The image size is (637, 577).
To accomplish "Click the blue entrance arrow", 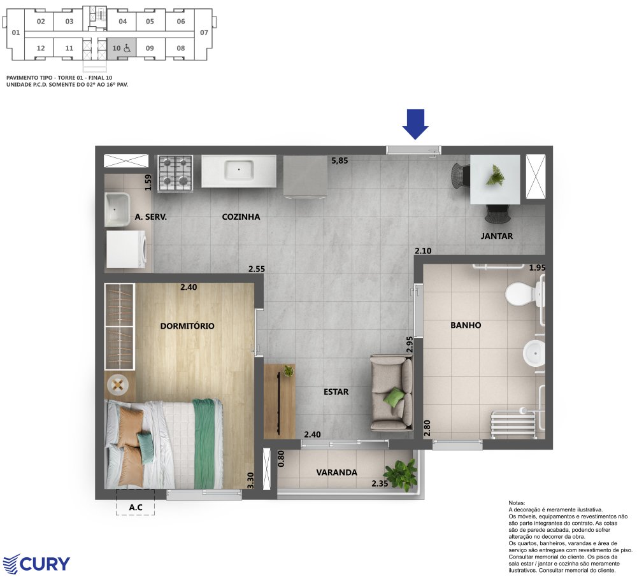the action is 415,124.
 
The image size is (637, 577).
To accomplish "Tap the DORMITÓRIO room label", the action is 187,325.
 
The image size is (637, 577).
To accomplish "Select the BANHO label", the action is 466,325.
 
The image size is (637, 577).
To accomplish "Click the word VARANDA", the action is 336,473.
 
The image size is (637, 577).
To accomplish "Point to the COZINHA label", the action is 241,217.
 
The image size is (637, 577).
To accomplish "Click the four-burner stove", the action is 175,173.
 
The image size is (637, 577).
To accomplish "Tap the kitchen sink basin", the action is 239,170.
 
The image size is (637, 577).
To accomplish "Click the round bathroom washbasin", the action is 534,353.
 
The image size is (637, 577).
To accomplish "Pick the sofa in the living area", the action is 392,392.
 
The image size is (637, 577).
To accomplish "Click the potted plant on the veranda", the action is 401,474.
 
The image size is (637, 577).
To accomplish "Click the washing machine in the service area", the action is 126,250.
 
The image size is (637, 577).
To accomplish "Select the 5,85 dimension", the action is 340,160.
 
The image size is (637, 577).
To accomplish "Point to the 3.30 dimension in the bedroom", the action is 250,481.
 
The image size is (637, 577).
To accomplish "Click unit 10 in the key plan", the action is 122,48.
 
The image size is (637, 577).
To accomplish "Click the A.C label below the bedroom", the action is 136,507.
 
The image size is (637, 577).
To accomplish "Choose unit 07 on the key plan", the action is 204,32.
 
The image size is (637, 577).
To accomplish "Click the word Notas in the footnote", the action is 517,503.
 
